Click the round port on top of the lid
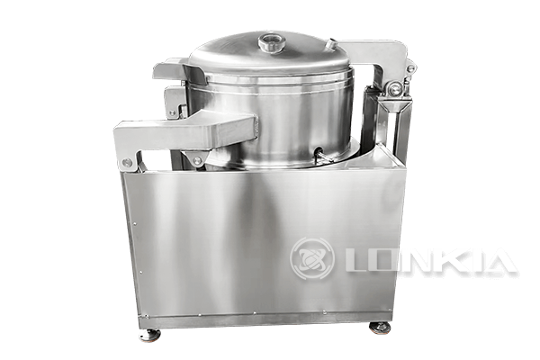[x=270, y=41]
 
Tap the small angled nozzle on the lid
[x=331, y=43]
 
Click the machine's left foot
[x=148, y=335]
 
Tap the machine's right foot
[x=381, y=328]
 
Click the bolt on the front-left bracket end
[x=127, y=163]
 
